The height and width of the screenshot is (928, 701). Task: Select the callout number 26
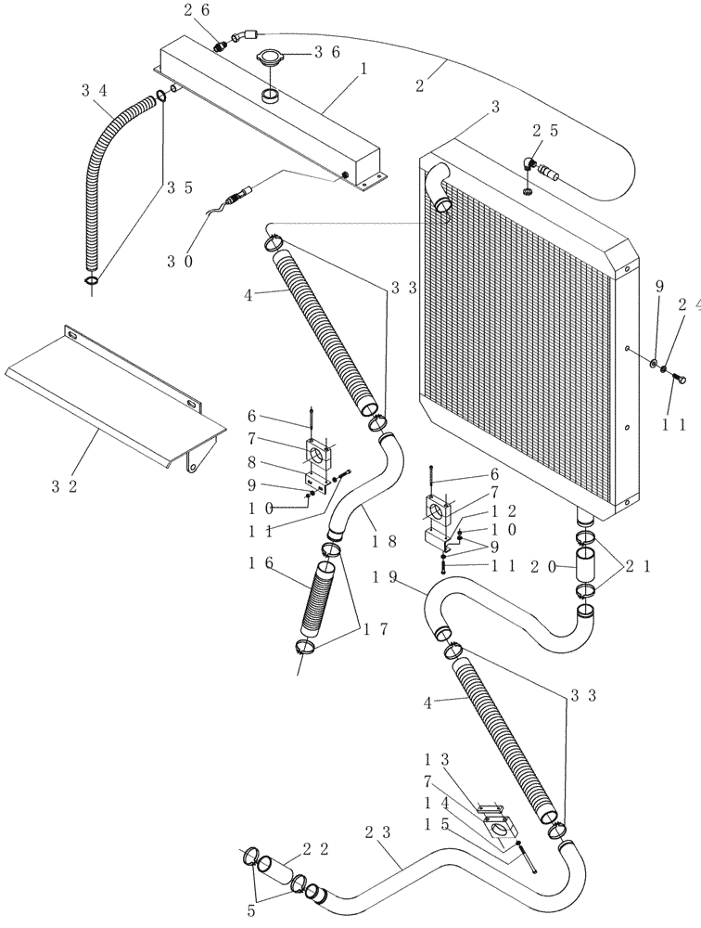[x=196, y=10]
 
